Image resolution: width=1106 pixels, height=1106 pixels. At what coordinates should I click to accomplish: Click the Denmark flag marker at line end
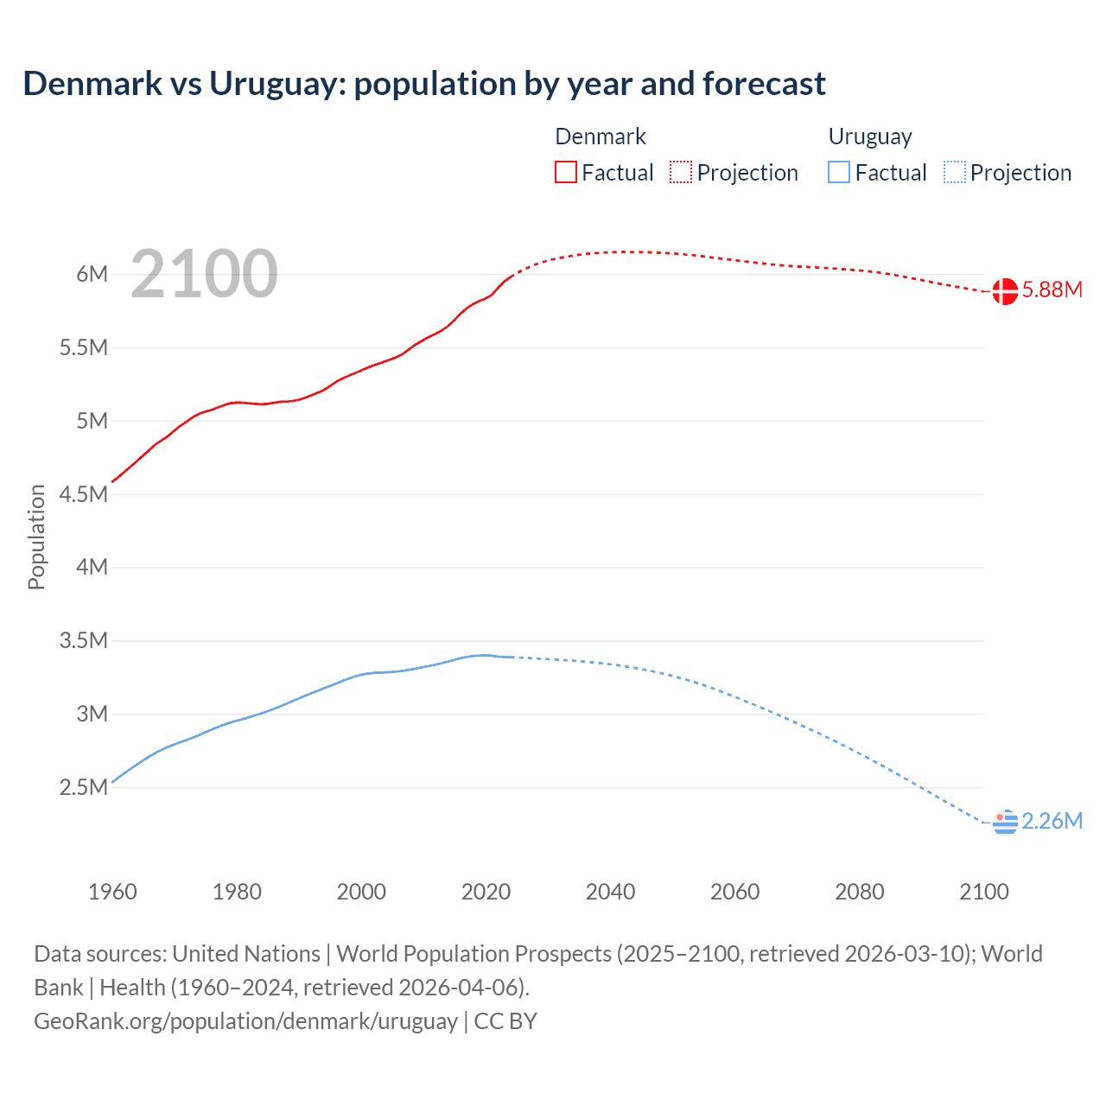tap(1005, 291)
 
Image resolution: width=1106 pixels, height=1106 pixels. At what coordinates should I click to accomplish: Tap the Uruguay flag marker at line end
tap(1005, 823)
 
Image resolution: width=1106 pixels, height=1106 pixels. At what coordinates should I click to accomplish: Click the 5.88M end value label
tap(1052, 290)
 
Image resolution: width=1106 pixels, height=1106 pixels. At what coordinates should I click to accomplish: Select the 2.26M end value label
tap(1052, 822)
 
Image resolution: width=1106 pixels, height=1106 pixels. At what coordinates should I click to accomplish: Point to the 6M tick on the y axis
tap(92, 275)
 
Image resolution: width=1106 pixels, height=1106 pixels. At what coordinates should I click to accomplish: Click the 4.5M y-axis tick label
tap(84, 494)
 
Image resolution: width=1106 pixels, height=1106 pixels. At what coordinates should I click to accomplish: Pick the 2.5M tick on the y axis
tap(84, 787)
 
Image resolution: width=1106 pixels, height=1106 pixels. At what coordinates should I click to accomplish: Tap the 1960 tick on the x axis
tap(112, 892)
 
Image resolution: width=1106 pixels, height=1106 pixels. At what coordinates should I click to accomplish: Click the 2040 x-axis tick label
tap(610, 892)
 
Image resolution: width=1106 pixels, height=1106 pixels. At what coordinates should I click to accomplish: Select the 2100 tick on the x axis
tap(983, 892)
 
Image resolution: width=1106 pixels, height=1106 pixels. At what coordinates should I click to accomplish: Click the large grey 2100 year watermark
tap(204, 275)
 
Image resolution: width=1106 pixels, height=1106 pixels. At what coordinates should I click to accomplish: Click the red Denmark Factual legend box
tap(565, 172)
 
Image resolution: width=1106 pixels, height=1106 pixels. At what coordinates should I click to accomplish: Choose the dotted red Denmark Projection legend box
tap(681, 172)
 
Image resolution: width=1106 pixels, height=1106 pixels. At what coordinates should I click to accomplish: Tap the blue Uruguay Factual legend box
tap(839, 172)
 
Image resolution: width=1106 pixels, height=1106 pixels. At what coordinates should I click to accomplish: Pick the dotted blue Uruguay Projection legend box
tap(954, 172)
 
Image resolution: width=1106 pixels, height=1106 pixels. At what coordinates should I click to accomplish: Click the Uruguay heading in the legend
tap(869, 137)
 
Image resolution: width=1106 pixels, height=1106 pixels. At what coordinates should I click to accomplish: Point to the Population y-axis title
tap(36, 537)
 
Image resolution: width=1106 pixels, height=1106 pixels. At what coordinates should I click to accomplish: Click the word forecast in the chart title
tap(764, 84)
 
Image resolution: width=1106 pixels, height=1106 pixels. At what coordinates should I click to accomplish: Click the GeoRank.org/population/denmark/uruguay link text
tap(245, 1021)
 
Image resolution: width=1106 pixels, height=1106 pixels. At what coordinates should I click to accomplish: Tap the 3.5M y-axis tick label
tap(84, 641)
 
